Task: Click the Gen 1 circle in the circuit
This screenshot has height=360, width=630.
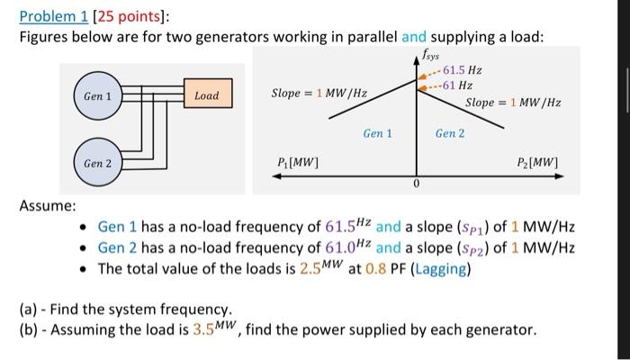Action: [97, 96]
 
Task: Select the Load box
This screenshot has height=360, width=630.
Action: [206, 95]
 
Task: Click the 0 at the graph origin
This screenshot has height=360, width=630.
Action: [417, 185]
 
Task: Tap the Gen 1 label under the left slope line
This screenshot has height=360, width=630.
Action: [377, 133]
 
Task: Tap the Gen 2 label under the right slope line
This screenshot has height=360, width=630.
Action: [450, 133]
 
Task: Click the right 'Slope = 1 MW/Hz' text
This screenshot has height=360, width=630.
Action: [513, 103]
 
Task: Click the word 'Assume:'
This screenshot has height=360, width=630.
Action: [47, 206]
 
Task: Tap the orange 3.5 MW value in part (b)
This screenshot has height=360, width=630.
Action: [212, 328]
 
